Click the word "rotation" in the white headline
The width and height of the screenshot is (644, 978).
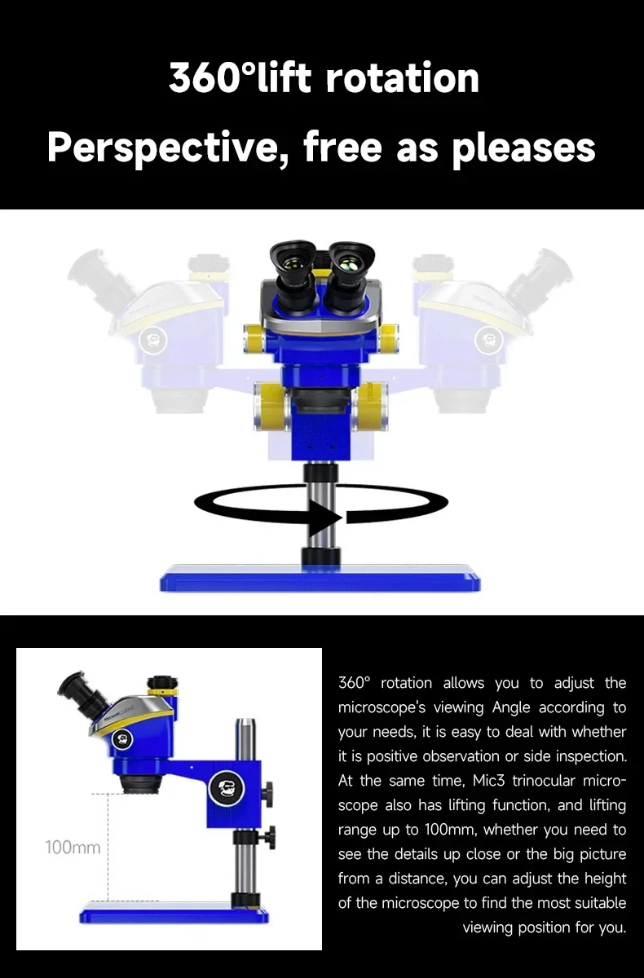(402, 78)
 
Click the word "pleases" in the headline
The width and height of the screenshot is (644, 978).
(523, 148)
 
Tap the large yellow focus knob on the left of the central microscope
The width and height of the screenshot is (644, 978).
(271, 406)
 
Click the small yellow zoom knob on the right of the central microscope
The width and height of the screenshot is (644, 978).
(389, 339)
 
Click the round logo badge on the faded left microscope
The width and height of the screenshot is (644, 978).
(152, 339)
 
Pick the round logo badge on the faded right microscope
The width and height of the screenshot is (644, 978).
(488, 339)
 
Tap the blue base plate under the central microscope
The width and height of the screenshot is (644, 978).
(320, 578)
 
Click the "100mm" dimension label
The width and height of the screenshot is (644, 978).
(73, 847)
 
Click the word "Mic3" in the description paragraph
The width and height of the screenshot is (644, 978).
(488, 780)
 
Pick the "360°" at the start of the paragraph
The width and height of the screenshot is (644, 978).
(354, 682)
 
